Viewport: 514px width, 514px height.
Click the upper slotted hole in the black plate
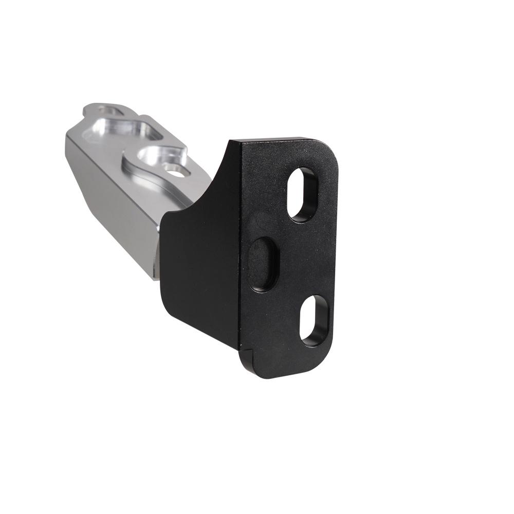point(303,194)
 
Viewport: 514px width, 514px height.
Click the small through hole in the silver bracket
point(176,170)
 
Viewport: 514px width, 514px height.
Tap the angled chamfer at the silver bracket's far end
point(75,139)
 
